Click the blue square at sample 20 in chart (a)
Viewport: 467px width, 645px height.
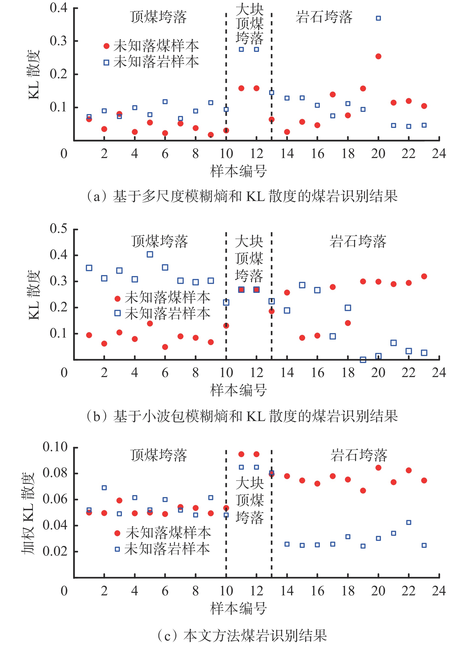378,18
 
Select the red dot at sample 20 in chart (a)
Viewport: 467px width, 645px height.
378,56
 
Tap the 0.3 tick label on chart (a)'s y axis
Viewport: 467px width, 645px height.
58,41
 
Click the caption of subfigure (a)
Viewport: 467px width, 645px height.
242,196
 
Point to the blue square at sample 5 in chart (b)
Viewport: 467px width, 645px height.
150,254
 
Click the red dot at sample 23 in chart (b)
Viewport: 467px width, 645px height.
424,276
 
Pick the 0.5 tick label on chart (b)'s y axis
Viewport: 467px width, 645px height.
58,228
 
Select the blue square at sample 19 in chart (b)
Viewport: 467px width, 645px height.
363,360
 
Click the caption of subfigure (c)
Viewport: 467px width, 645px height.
242,635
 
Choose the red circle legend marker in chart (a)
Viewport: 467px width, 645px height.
106,46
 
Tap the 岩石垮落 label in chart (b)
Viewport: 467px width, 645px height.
358,242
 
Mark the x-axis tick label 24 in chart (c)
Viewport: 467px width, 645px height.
439,591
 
